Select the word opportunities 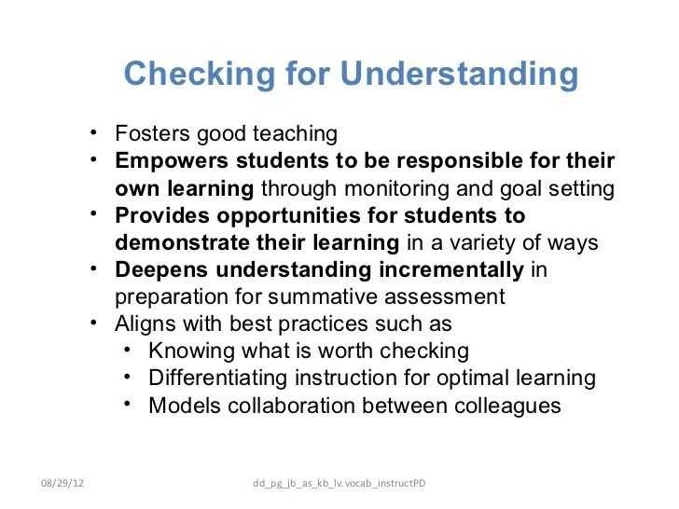[281, 215]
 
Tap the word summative [359, 297]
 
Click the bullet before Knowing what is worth [128, 351]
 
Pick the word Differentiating [217, 378]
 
